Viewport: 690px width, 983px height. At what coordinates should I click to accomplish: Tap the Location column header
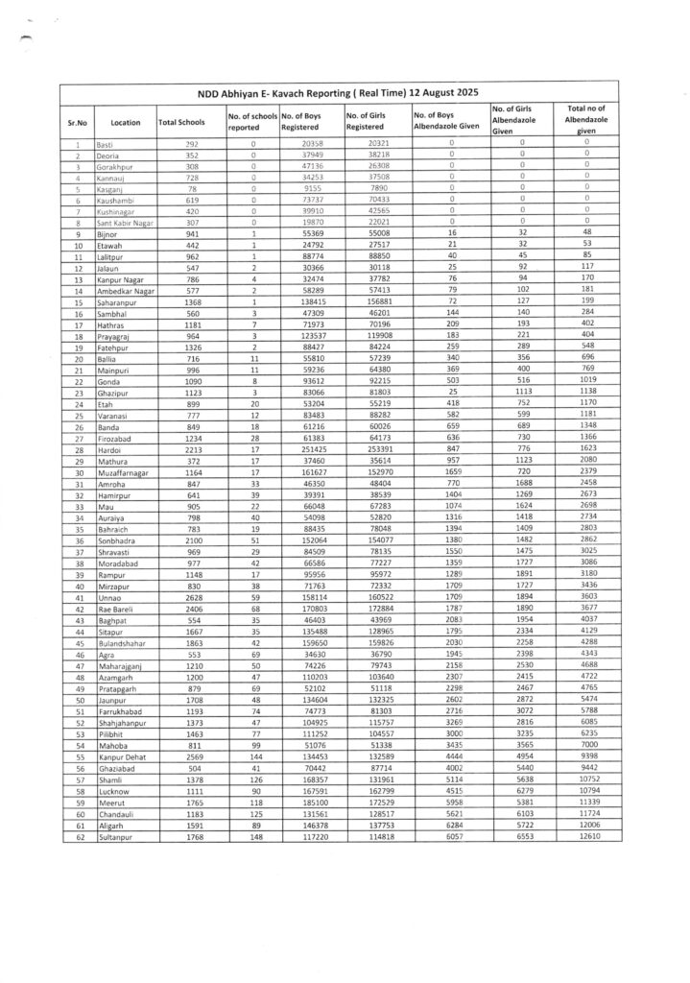coord(125,123)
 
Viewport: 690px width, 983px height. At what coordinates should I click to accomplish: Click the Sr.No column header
coord(77,123)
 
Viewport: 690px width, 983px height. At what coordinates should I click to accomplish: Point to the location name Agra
coord(106,654)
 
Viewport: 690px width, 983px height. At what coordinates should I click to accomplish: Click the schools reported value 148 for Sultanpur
coord(252,836)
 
